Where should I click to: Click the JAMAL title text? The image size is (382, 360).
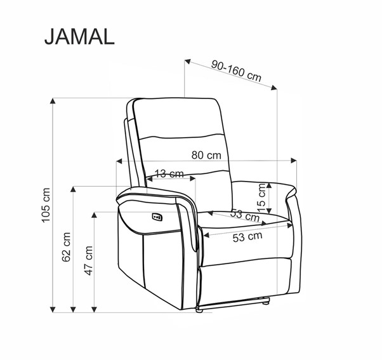79,36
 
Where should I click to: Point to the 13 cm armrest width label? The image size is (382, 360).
169,173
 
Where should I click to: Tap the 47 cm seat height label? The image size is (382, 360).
88,260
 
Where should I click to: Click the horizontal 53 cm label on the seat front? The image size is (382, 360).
247,237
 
